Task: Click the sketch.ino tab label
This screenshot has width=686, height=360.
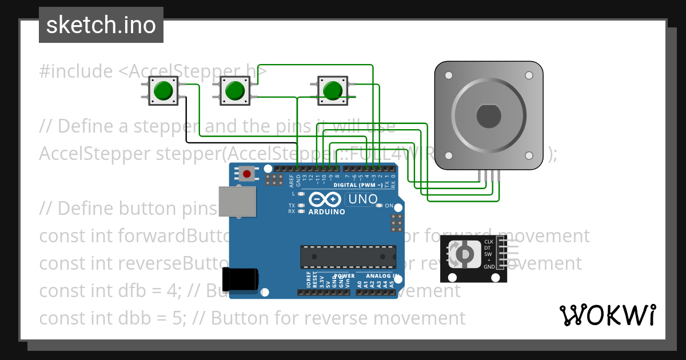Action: tap(101, 25)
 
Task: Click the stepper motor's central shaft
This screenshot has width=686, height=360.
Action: tap(489, 116)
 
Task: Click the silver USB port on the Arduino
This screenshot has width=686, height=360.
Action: tap(237, 202)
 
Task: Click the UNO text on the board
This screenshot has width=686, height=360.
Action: tap(362, 199)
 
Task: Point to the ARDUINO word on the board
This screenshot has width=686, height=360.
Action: tap(326, 211)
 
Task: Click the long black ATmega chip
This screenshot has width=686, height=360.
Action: tap(349, 257)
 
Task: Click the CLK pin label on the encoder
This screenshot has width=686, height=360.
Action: tap(488, 242)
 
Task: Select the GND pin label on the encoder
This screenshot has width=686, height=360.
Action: tap(489, 267)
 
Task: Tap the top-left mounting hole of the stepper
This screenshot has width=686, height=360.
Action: tap(449, 75)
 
